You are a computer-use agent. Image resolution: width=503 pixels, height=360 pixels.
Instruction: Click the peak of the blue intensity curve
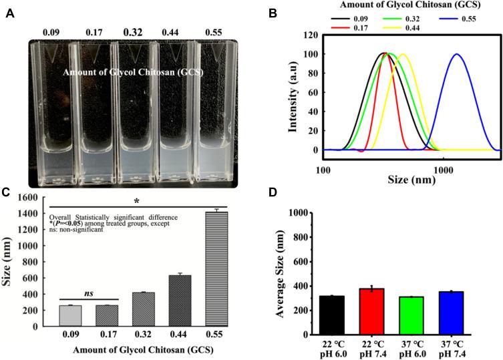coord(457,55)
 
